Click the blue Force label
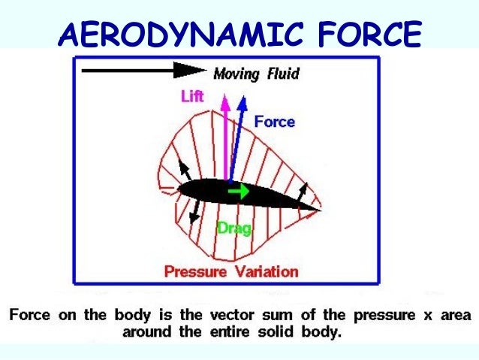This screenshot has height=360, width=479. coord(274,121)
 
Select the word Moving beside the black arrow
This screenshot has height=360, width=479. coord(236,74)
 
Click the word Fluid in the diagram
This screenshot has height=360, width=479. coord(283,74)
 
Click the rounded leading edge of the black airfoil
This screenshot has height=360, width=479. coord(181,189)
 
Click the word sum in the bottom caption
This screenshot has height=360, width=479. coord(273,313)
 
